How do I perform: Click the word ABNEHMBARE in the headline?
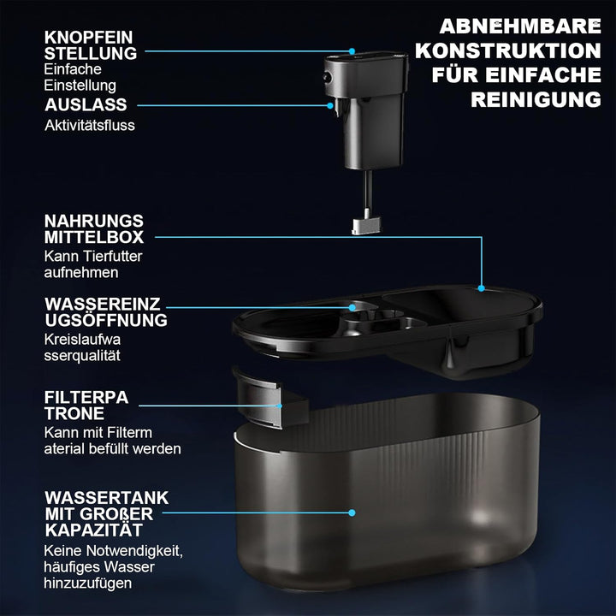click(x=520, y=27)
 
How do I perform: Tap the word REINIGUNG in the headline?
click(x=536, y=100)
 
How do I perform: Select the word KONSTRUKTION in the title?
click(x=508, y=51)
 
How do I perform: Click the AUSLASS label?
click(x=86, y=105)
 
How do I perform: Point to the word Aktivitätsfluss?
click(x=90, y=125)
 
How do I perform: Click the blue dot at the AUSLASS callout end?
click(x=330, y=106)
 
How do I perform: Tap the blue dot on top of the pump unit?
click(x=352, y=51)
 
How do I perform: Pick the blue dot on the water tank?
click(x=352, y=512)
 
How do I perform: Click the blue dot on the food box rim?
click(x=481, y=288)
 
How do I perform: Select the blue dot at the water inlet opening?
click(x=352, y=308)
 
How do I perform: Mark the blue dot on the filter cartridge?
click(x=279, y=406)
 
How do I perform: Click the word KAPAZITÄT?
click(x=93, y=530)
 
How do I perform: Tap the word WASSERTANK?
click(x=106, y=498)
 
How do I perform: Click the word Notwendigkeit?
click(x=135, y=551)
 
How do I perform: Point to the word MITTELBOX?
click(x=94, y=237)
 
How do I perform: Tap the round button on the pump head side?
click(x=327, y=77)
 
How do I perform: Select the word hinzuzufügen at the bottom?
click(x=88, y=583)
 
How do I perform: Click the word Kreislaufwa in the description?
click(x=82, y=340)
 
